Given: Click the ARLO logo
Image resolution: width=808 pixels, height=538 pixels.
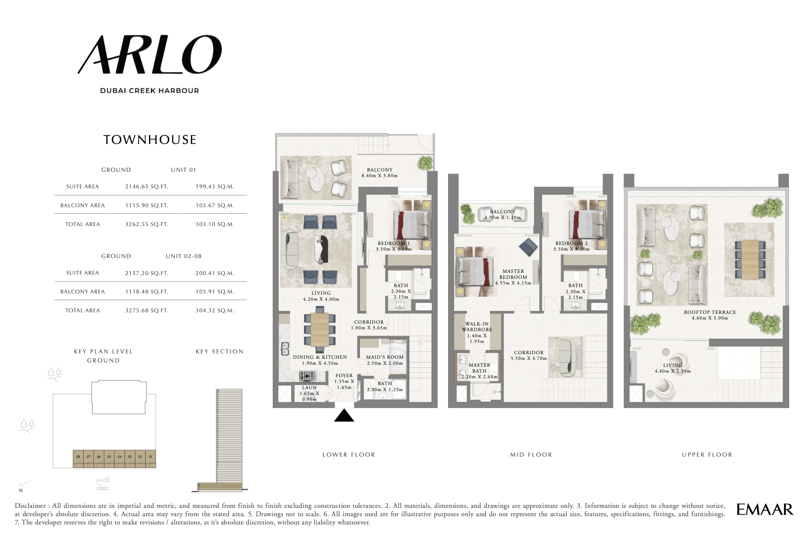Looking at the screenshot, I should tap(150, 55).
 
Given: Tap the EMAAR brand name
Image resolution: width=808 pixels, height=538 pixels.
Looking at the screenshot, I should tap(765, 510).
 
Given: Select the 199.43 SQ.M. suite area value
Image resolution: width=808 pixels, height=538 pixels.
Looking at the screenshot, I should tap(215, 186).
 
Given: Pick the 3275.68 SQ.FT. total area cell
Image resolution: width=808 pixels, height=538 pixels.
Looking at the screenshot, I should tap(146, 310).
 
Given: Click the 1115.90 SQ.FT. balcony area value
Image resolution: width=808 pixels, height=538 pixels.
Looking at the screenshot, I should tap(146, 205).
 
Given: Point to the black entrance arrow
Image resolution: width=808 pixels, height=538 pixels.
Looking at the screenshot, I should tap(344, 416).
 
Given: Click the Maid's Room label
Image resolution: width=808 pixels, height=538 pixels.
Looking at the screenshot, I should tap(384, 357).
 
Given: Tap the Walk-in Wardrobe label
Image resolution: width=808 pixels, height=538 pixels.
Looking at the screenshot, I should tap(477, 327).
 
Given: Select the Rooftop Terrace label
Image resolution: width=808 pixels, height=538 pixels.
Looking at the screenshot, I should tap(710, 312).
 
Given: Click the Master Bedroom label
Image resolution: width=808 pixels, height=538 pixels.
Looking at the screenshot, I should tap(513, 274).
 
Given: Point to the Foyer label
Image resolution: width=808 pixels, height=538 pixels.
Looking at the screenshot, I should tap(344, 376).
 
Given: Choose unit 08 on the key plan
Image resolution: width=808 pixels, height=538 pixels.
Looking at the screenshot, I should tap(78, 457).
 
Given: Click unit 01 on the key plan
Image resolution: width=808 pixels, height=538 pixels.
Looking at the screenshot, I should tap(151, 457).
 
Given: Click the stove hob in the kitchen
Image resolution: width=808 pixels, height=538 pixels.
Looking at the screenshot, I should tap(307, 376).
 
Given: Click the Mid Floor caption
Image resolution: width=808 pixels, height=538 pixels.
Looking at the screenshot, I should tap(531, 455).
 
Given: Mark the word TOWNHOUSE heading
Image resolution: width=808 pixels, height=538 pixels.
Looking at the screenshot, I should tap(150, 140).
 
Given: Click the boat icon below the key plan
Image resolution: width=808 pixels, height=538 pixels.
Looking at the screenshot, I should tap(103, 483).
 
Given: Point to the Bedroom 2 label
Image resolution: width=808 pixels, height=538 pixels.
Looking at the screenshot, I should tap(571, 243).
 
